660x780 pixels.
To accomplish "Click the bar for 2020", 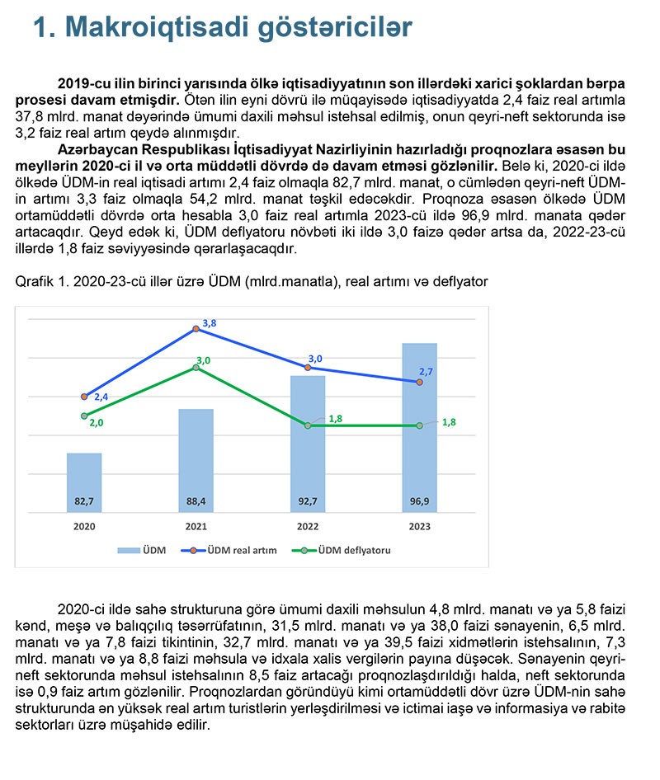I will pos(84,483).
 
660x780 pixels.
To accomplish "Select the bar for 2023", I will pos(419,429).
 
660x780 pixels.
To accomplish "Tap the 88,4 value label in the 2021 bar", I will pos(196,500).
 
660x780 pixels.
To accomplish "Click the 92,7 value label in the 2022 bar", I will pos(308,500).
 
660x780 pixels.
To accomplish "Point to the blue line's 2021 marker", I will pos(196,328).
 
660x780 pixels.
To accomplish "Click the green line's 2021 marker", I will pos(196,367).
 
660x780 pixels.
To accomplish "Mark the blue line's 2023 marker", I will pos(420,383).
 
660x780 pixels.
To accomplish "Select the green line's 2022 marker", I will pos(308,425).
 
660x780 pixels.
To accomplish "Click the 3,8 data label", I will pos(210,323).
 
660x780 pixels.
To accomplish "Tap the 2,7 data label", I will pos(427,372).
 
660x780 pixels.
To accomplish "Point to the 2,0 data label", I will pos(97,422).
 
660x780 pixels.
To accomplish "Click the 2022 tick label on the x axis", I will pos(308,526).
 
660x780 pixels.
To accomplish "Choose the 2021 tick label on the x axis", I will pos(196,526).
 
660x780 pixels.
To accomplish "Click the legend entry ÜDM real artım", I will pos(242,550).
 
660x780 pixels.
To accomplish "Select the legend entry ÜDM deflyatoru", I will pos(354,550).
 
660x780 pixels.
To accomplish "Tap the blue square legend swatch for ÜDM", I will pos(128,550).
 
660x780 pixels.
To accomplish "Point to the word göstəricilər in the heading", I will pos(346,27).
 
